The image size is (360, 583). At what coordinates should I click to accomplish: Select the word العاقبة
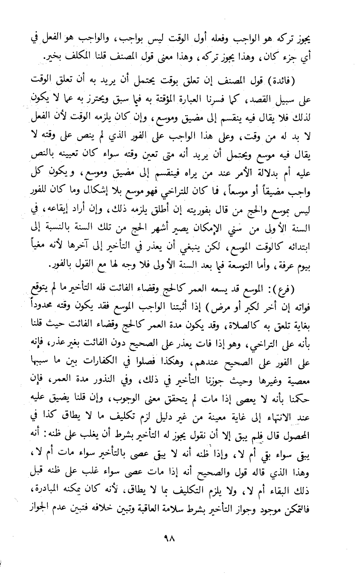(142, 508)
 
